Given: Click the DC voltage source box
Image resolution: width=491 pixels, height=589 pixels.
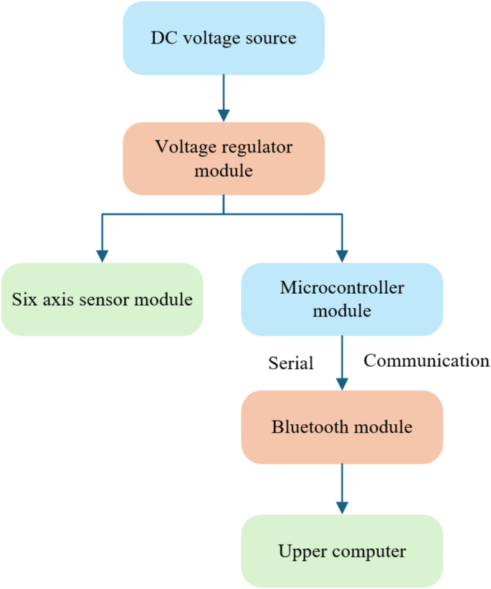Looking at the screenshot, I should click(224, 38).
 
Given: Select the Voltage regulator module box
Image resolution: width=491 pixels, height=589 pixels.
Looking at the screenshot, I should click(224, 158).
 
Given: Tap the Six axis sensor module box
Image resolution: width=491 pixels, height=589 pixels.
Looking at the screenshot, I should click(102, 300).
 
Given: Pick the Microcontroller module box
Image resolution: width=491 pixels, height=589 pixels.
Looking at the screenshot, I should click(342, 300).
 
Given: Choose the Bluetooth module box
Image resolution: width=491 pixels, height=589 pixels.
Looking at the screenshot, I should click(342, 427).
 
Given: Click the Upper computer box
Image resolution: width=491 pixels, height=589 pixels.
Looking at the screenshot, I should click(342, 551).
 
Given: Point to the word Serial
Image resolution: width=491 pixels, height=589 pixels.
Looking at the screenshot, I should click(291, 363).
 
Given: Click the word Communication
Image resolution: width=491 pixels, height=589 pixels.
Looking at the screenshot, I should click(426, 360).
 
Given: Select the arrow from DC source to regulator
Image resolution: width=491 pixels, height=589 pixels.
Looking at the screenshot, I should click(224, 97).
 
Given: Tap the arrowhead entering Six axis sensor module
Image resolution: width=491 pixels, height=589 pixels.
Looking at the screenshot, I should click(102, 256).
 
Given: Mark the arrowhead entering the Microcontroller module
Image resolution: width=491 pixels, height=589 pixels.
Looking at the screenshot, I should click(342, 256).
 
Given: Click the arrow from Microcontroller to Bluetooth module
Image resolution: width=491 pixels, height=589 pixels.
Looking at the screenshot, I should click(342, 363).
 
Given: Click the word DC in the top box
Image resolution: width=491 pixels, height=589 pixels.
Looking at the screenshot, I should click(162, 38).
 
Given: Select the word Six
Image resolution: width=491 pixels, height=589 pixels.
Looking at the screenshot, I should click(24, 300).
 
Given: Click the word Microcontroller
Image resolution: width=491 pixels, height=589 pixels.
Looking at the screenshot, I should click(342, 288).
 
